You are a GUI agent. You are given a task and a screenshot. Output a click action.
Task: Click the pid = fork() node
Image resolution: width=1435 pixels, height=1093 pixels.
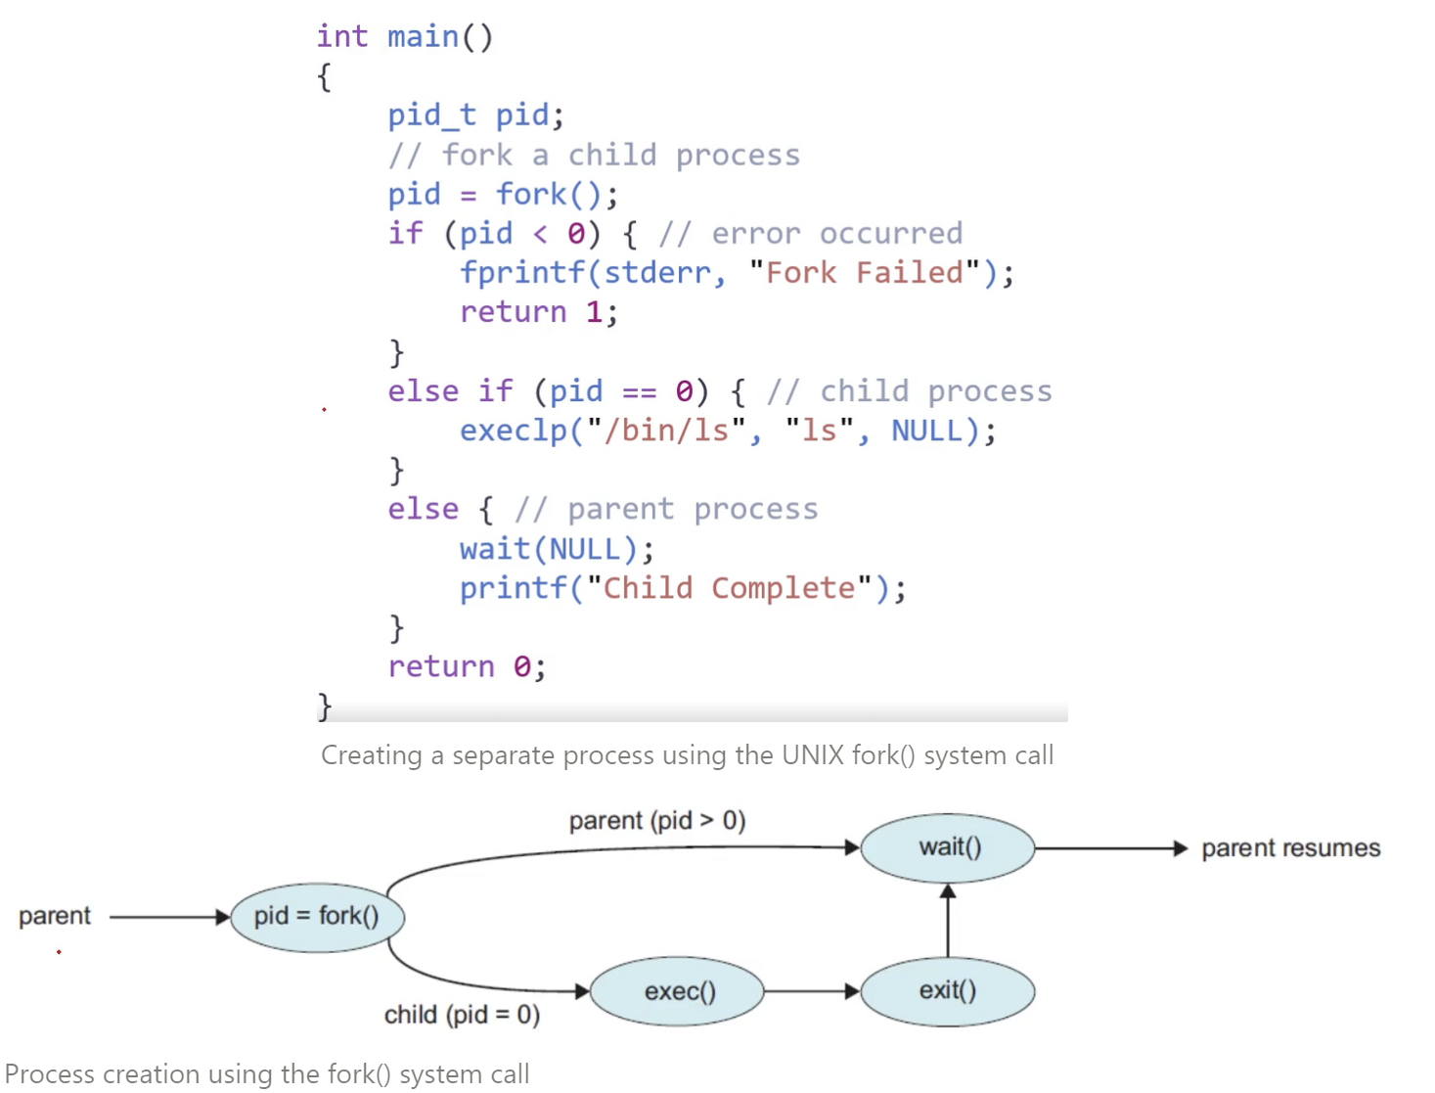(317, 916)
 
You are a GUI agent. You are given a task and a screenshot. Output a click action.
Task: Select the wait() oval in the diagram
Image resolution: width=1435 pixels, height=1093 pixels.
(947, 847)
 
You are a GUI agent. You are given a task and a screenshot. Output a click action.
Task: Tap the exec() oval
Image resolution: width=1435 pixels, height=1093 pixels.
(679, 991)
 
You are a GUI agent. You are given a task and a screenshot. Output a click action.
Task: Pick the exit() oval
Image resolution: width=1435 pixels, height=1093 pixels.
(947, 991)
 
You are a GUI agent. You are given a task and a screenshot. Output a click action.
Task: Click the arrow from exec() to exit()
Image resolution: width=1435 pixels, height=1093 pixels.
(811, 991)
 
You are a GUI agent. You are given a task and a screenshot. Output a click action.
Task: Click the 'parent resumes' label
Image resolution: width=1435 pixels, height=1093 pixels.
(1290, 848)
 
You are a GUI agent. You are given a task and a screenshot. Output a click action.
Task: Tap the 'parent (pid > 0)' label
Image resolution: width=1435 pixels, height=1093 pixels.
(656, 820)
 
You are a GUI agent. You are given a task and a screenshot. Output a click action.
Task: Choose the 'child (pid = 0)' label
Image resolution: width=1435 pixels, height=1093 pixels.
(462, 1015)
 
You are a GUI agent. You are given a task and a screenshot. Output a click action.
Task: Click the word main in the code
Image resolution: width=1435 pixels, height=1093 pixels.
(423, 37)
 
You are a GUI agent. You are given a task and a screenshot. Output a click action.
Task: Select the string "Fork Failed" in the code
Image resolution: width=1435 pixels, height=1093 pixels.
(864, 273)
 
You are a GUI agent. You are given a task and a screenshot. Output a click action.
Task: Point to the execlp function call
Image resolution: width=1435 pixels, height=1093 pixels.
(513, 432)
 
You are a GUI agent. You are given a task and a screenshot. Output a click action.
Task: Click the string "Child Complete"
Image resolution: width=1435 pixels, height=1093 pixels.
(729, 588)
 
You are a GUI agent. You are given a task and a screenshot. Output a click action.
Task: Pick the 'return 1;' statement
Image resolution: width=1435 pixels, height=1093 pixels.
(538, 312)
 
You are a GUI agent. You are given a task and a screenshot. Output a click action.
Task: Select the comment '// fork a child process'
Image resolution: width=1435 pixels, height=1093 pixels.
(594, 156)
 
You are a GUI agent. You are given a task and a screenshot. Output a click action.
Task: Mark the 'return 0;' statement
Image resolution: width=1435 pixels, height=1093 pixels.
(466, 667)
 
